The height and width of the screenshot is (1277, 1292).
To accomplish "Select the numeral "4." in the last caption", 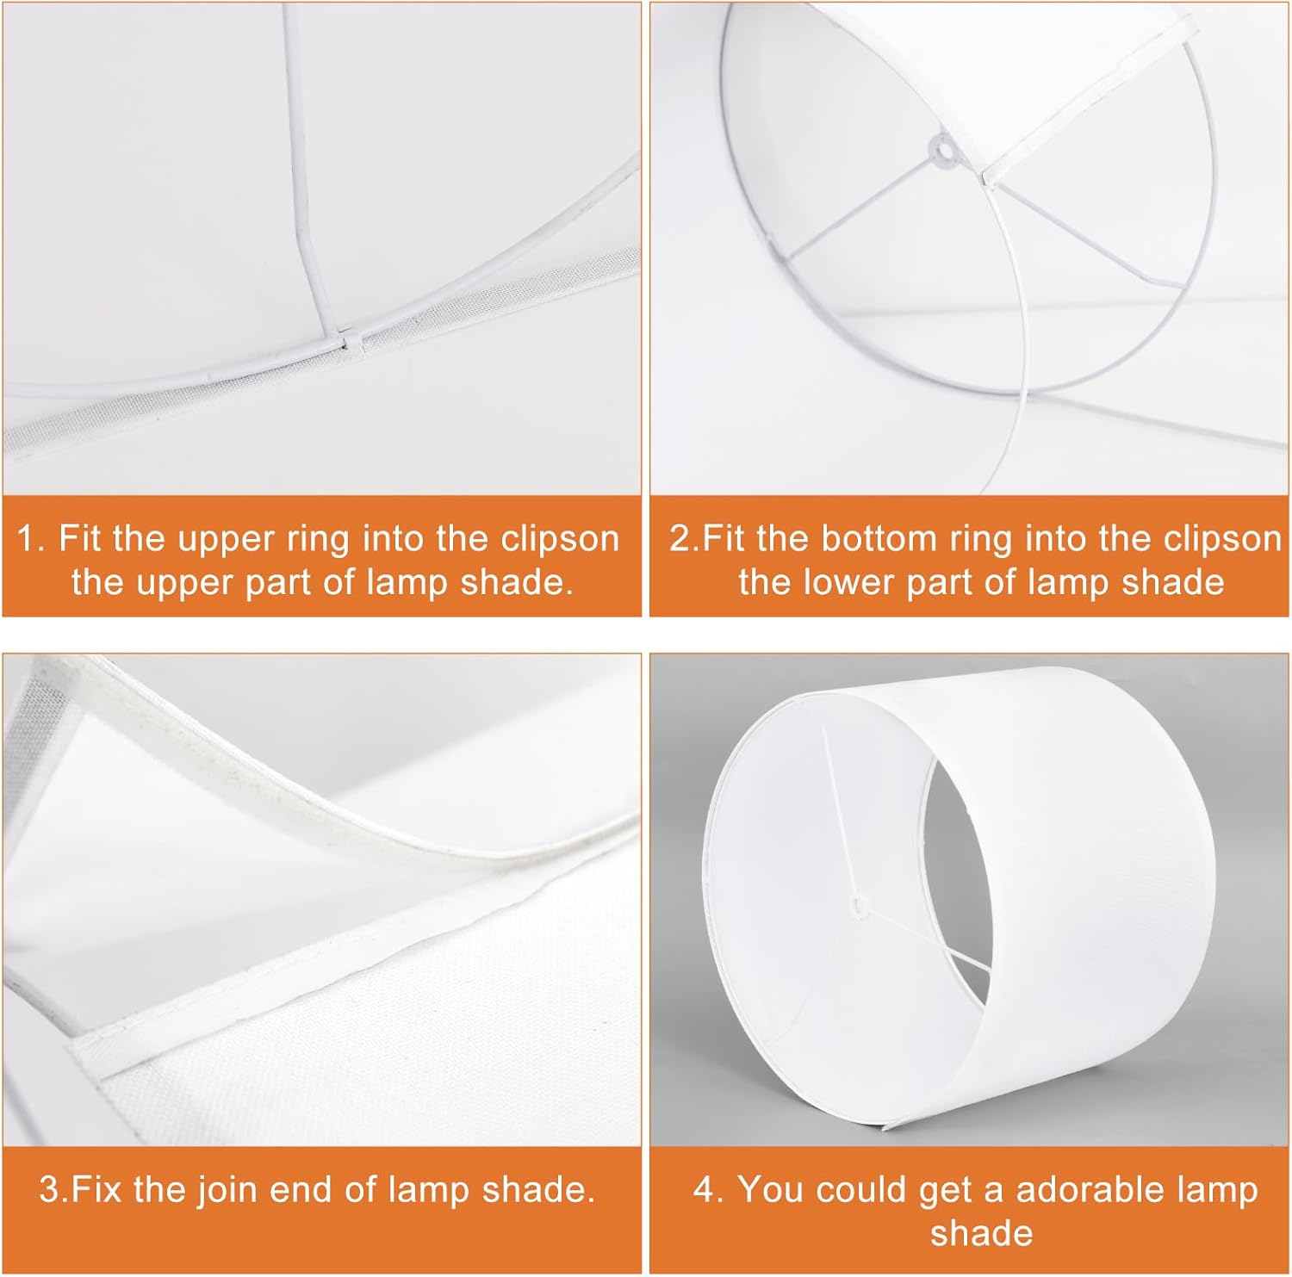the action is click(x=709, y=1191).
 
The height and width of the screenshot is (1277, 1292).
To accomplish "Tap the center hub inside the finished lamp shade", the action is click(x=858, y=905).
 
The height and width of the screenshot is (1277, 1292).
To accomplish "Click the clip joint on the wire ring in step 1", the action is click(x=353, y=343).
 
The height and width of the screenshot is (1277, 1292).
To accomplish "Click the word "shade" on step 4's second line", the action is click(x=981, y=1233).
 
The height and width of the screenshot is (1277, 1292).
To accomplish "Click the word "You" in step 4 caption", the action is click(x=770, y=1190).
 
